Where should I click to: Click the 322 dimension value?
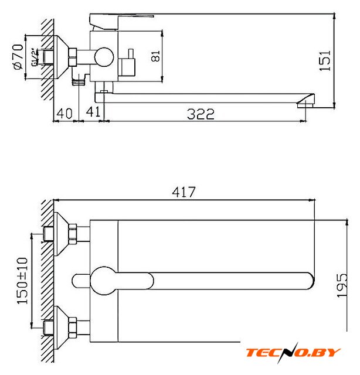point(201,114)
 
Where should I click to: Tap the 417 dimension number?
point(184,192)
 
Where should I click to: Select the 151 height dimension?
point(325,60)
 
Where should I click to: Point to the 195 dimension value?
point(342,286)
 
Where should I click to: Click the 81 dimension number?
point(155,56)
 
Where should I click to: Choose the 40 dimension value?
point(64,113)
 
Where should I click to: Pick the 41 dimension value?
point(93,111)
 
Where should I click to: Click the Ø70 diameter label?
point(19,57)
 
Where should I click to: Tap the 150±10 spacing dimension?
point(22,281)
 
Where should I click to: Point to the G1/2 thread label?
point(35,57)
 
